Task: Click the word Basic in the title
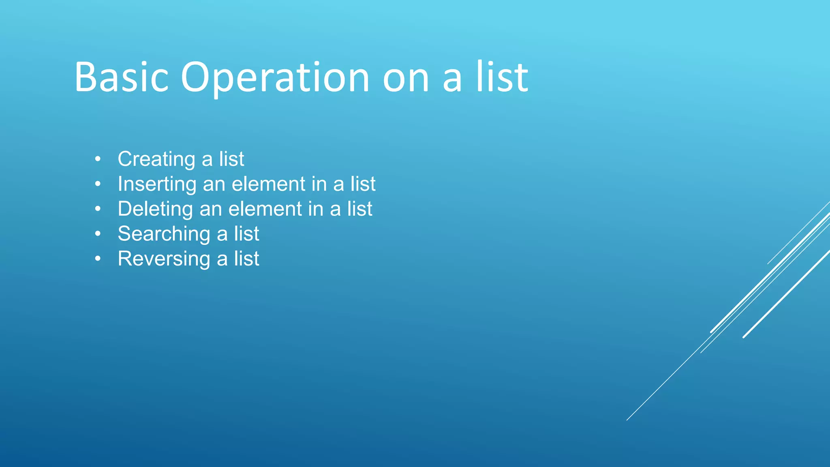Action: pyautogui.click(x=121, y=77)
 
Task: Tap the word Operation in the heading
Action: pyautogui.click(x=275, y=78)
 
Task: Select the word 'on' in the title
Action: pyautogui.click(x=406, y=78)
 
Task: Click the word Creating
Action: pyautogui.click(x=156, y=159)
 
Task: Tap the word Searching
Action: pyautogui.click(x=164, y=234)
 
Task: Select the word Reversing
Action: pyautogui.click(x=164, y=259)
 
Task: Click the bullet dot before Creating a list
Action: pyautogui.click(x=98, y=159)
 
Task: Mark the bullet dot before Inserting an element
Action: pyautogui.click(x=98, y=184)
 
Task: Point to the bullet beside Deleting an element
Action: pyautogui.click(x=98, y=209)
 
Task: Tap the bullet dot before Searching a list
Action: pyautogui.click(x=98, y=234)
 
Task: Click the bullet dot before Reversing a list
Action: pyautogui.click(x=98, y=259)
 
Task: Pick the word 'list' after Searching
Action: pyautogui.click(x=246, y=234)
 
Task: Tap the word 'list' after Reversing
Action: pyautogui.click(x=246, y=259)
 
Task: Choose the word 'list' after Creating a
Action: pyautogui.click(x=231, y=159)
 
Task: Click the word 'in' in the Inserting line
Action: pyautogui.click(x=319, y=184)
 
